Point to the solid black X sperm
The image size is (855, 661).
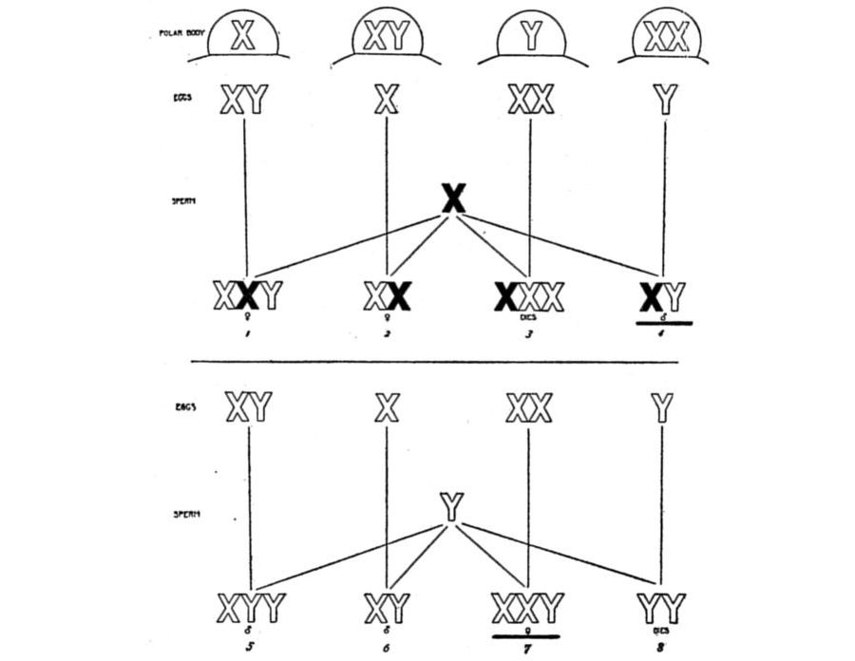[454, 198]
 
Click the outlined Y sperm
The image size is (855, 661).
[452, 508]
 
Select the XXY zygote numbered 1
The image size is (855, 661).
[247, 296]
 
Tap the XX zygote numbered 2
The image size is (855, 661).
[387, 296]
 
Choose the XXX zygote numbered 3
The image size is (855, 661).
[529, 296]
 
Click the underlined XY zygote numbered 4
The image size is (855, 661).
[663, 297]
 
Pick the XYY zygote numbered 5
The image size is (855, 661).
[250, 606]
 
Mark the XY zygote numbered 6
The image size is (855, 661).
[387, 606]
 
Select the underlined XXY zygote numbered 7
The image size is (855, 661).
[527, 606]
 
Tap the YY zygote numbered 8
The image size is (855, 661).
[662, 606]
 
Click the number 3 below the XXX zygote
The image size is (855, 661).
[529, 335]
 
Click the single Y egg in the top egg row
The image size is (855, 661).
[667, 99]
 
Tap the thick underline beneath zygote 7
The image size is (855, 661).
[526, 636]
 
